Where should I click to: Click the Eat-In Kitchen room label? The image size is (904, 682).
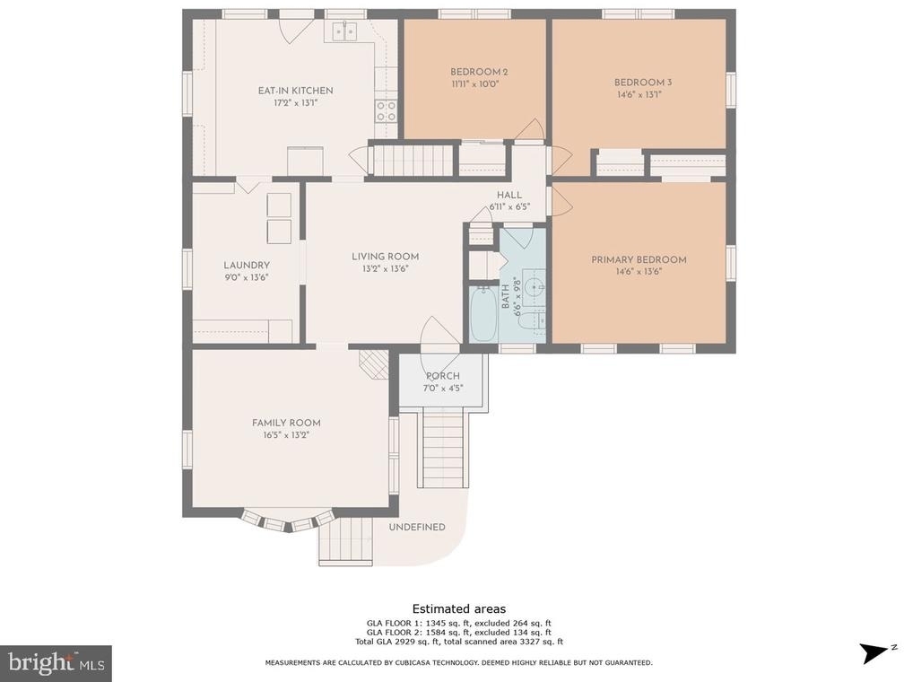click(295, 91)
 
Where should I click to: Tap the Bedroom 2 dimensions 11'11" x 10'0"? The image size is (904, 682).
click(475, 83)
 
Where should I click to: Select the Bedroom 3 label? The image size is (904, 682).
click(643, 83)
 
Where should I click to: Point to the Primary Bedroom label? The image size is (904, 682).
click(639, 259)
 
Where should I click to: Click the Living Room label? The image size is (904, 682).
click(385, 256)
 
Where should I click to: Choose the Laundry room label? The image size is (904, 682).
click(247, 265)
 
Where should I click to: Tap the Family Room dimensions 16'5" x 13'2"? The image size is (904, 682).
click(287, 435)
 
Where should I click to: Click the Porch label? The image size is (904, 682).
click(443, 376)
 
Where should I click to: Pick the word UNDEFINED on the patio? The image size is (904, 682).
click(417, 527)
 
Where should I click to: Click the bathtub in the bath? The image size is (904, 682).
click(483, 314)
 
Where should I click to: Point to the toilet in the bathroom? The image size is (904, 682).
click(530, 320)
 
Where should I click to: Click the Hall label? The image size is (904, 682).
click(509, 195)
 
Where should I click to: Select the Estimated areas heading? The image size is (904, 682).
click(459, 608)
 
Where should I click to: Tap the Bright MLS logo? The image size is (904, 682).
click(56, 663)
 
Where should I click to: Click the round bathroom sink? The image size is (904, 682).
click(535, 285)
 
